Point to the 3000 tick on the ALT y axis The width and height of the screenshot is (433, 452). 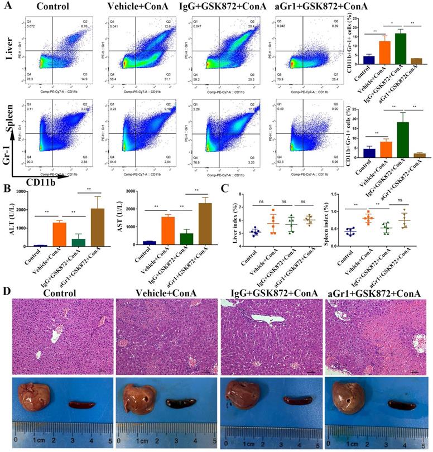(x=25, y=191)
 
